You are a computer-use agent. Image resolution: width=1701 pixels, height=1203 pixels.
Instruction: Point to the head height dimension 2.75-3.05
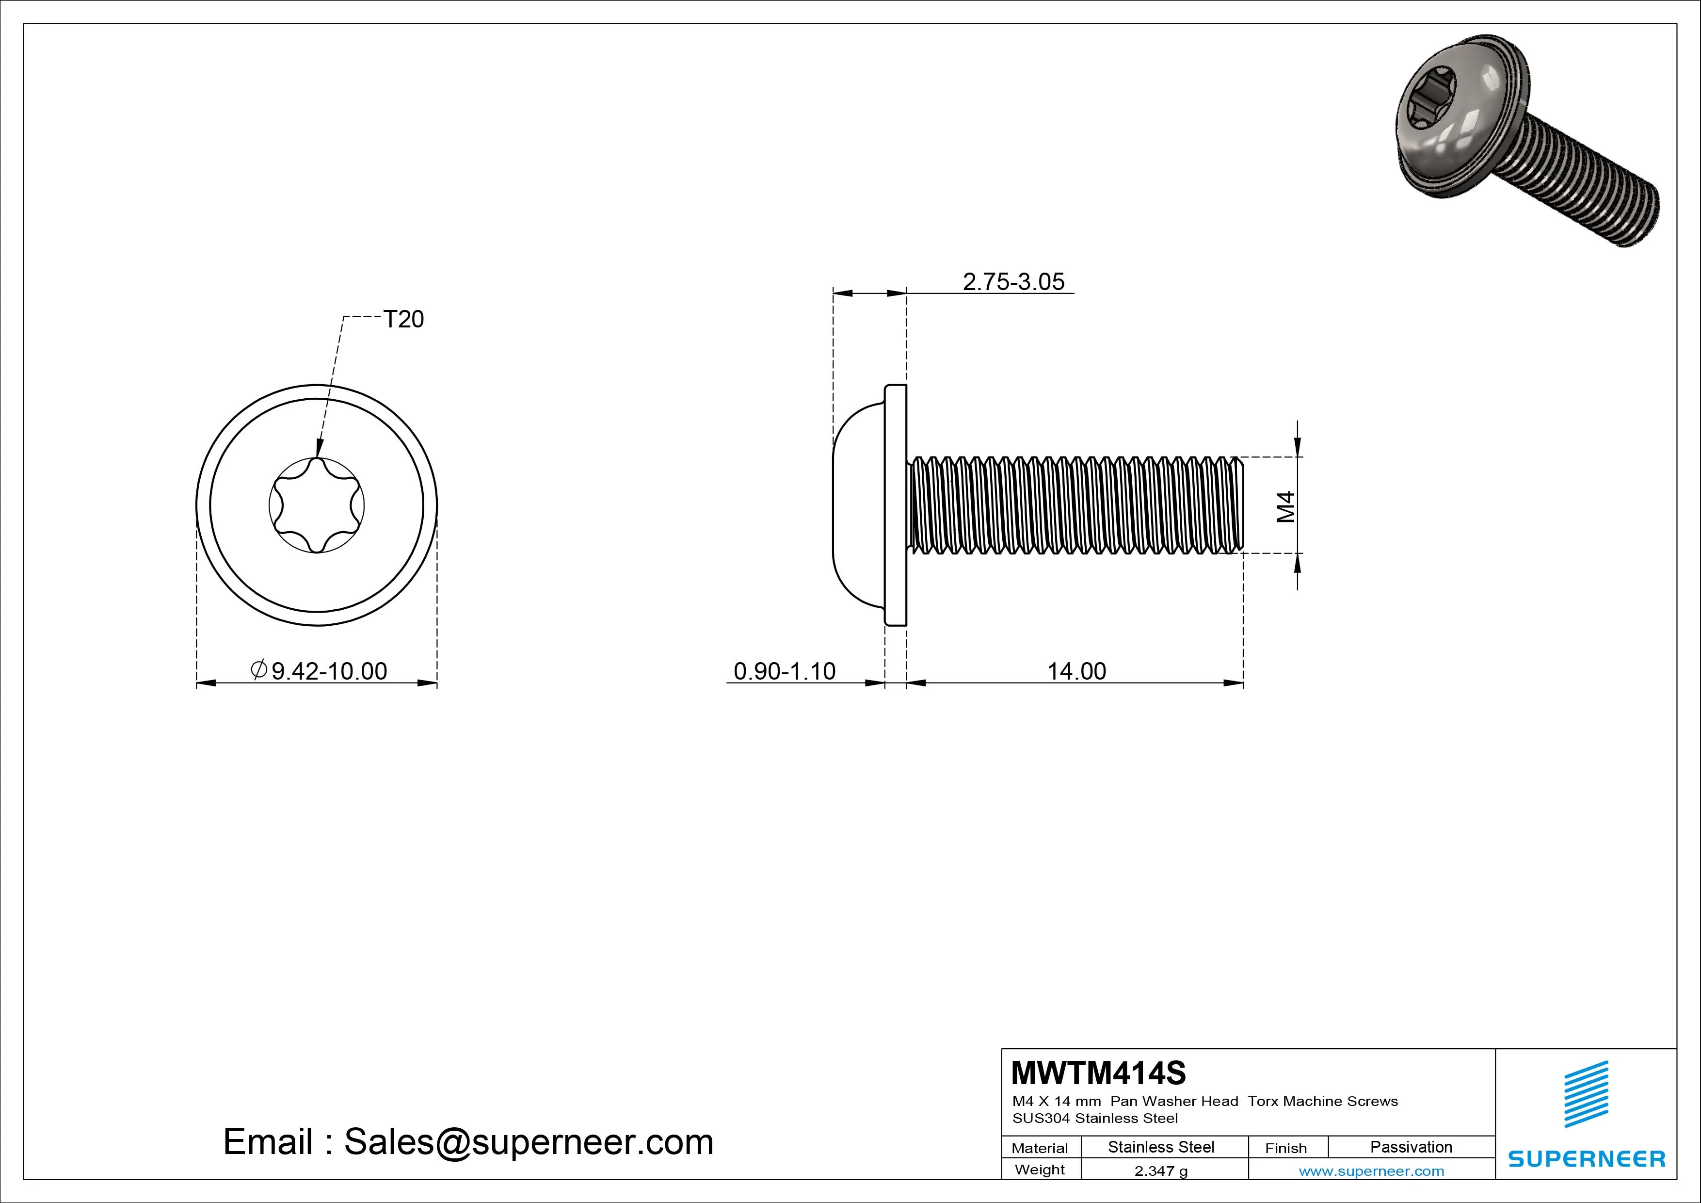(x=1013, y=282)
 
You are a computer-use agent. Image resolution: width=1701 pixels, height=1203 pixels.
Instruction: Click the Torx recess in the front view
(x=316, y=505)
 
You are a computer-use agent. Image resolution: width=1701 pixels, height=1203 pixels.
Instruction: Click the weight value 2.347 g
(x=1160, y=1171)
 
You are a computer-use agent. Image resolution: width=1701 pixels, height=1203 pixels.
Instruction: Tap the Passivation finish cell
(x=1411, y=1147)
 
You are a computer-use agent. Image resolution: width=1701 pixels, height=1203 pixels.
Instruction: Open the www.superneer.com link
(x=1371, y=1171)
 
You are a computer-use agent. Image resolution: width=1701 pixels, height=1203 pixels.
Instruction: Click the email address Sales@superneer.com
(x=528, y=1141)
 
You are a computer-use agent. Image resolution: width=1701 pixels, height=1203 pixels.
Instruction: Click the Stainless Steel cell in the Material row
(x=1160, y=1147)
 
